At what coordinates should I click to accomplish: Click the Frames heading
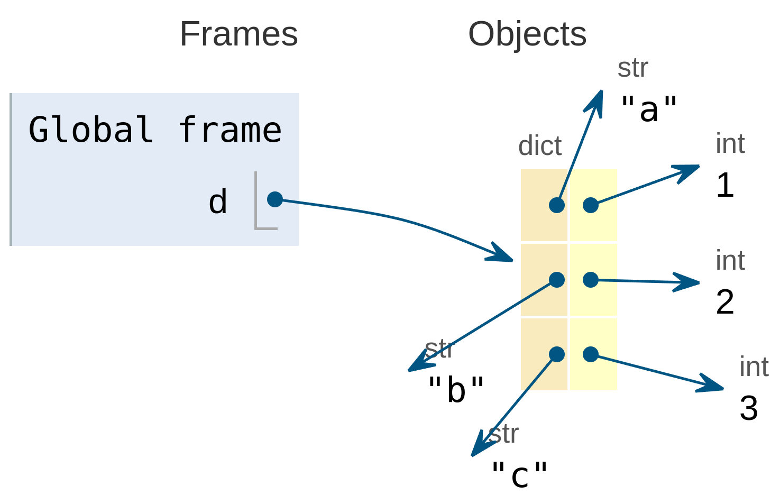(x=238, y=34)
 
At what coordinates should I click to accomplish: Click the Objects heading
(x=527, y=34)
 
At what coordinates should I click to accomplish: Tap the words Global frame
(x=154, y=130)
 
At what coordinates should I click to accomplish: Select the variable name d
(x=217, y=202)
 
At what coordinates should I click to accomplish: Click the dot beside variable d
(x=275, y=199)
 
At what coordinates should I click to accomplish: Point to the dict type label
(x=539, y=146)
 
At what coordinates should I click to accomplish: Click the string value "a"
(x=649, y=109)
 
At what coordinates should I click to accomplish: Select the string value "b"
(x=456, y=390)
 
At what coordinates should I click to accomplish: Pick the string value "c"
(x=519, y=474)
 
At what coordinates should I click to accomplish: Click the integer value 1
(x=725, y=186)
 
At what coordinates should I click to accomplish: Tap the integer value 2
(x=725, y=302)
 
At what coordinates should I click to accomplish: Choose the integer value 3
(x=749, y=408)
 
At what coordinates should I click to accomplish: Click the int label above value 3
(x=754, y=367)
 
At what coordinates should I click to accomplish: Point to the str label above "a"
(x=632, y=68)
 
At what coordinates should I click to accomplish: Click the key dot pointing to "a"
(x=556, y=205)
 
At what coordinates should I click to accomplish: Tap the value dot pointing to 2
(x=591, y=280)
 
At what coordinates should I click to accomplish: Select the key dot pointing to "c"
(x=556, y=354)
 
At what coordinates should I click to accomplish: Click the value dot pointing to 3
(x=591, y=354)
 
